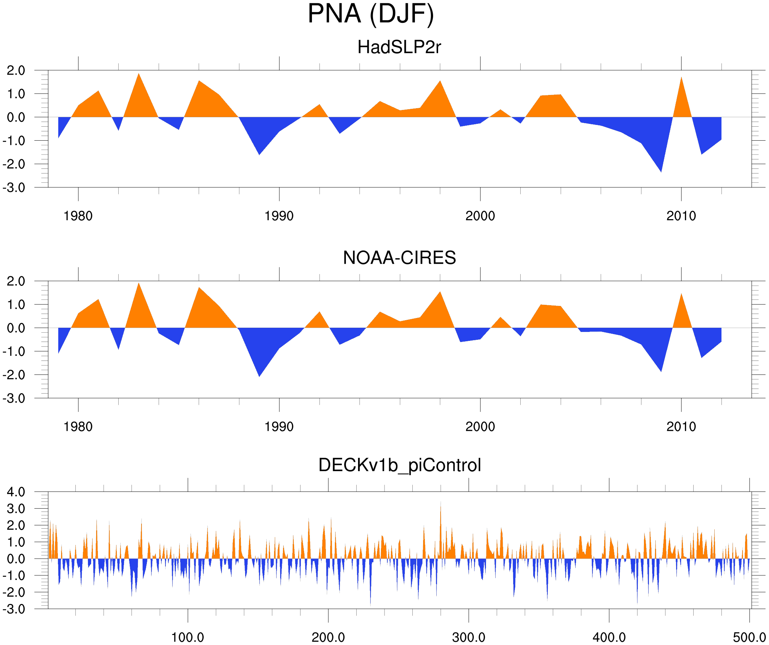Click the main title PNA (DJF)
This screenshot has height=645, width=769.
(x=371, y=14)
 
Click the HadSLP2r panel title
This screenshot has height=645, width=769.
(x=399, y=47)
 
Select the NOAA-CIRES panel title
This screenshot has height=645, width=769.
(x=399, y=258)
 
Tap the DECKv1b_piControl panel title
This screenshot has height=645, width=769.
(x=400, y=465)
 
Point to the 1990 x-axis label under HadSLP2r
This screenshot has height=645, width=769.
(x=279, y=216)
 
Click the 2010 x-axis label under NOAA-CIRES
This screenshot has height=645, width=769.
(x=681, y=427)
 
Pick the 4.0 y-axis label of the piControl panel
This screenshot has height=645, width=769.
(x=16, y=492)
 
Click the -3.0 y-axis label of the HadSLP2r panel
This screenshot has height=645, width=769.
(x=14, y=188)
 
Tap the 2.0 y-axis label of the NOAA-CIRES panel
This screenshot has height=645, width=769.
(x=16, y=281)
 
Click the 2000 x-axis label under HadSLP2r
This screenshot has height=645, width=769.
(x=480, y=216)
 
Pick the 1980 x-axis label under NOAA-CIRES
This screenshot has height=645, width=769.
(x=78, y=427)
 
